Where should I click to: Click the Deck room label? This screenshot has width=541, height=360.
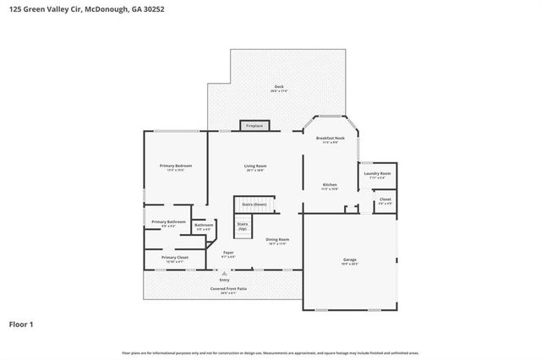click(x=278, y=88)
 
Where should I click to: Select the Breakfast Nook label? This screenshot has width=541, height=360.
click(x=331, y=138)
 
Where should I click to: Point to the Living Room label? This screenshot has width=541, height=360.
click(x=255, y=166)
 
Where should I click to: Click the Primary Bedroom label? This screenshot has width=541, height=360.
click(x=176, y=166)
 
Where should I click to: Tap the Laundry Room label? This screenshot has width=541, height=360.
click(x=378, y=175)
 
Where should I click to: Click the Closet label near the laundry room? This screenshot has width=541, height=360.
click(x=385, y=199)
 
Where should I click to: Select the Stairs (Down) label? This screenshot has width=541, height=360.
click(x=254, y=205)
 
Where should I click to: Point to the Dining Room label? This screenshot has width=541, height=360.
click(x=278, y=240)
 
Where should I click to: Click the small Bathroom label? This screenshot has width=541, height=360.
click(x=204, y=225)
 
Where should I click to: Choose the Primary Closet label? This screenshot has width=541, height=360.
click(x=175, y=257)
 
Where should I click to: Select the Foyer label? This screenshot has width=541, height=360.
click(x=228, y=253)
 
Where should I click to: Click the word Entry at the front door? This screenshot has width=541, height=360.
click(x=224, y=280)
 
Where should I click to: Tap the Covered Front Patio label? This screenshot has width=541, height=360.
click(x=228, y=289)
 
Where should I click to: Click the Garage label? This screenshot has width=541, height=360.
click(x=350, y=259)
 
